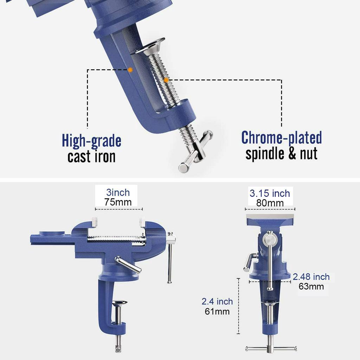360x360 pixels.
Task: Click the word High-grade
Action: click(x=92, y=141)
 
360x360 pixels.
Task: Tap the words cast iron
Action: click(x=91, y=156)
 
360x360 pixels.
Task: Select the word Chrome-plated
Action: click(x=282, y=138)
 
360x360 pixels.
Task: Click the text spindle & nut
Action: click(x=282, y=154)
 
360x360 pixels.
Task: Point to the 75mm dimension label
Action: click(x=118, y=202)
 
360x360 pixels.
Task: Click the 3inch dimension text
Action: click(x=118, y=192)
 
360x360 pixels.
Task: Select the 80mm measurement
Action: click(x=270, y=203)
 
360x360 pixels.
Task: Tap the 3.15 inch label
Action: click(x=270, y=193)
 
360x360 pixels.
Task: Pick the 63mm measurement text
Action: click(x=311, y=286)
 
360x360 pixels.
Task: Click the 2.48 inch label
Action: click(x=311, y=277)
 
